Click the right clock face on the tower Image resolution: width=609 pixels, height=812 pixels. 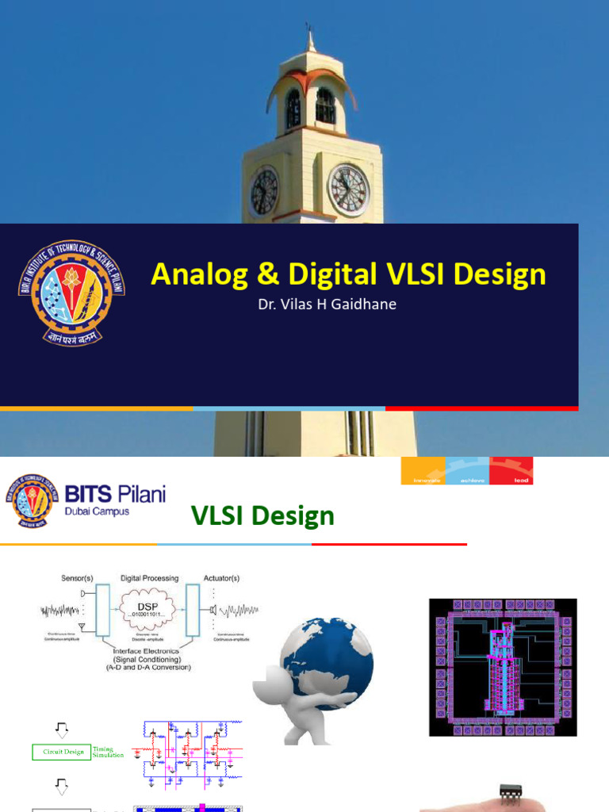[348, 190]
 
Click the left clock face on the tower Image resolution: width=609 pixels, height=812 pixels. [264, 193]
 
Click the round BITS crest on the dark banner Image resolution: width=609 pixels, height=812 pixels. [72, 292]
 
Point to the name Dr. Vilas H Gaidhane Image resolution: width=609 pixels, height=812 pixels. [327, 304]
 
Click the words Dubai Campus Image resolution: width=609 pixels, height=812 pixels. [98, 511]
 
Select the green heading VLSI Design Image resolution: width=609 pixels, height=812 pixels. [262, 516]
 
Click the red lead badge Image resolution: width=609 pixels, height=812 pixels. [511, 470]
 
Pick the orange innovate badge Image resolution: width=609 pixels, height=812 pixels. [423, 470]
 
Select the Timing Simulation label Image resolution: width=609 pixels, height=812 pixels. [108, 752]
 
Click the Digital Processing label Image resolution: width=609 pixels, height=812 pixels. [150, 578]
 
